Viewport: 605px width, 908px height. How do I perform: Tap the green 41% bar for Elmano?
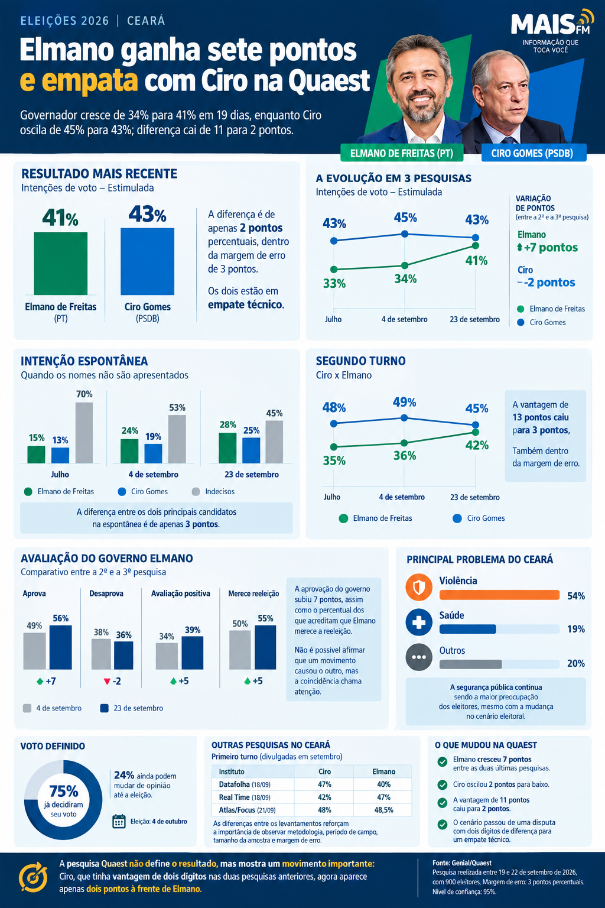click(x=61, y=264)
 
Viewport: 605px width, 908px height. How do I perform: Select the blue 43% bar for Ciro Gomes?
click(x=148, y=261)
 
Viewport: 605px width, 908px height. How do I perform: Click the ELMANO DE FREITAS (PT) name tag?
click(x=402, y=153)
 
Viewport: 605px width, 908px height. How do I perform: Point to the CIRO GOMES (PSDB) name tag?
click(x=534, y=153)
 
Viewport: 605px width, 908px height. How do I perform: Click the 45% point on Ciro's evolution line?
click(x=404, y=234)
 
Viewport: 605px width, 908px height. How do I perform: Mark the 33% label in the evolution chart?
click(x=334, y=284)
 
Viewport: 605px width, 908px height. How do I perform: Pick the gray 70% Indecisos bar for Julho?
click(x=84, y=433)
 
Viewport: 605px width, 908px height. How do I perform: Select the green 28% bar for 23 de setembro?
click(x=227, y=448)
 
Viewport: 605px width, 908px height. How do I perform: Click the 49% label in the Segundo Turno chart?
click(x=404, y=402)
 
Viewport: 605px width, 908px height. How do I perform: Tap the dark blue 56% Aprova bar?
click(x=61, y=647)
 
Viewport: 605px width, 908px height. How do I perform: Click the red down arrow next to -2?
click(x=107, y=682)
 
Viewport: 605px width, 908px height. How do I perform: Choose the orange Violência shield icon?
click(x=419, y=587)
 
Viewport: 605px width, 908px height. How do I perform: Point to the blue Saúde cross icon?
click(x=419, y=622)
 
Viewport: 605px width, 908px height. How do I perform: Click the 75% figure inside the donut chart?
click(x=64, y=791)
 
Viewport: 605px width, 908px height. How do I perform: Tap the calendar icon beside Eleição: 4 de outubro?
click(x=119, y=821)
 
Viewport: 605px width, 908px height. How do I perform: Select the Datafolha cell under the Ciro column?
click(x=324, y=784)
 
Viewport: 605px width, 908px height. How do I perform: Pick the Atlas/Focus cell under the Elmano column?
click(x=384, y=810)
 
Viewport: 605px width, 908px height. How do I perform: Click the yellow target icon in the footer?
click(x=33, y=877)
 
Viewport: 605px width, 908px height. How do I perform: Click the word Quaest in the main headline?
click(x=330, y=82)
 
